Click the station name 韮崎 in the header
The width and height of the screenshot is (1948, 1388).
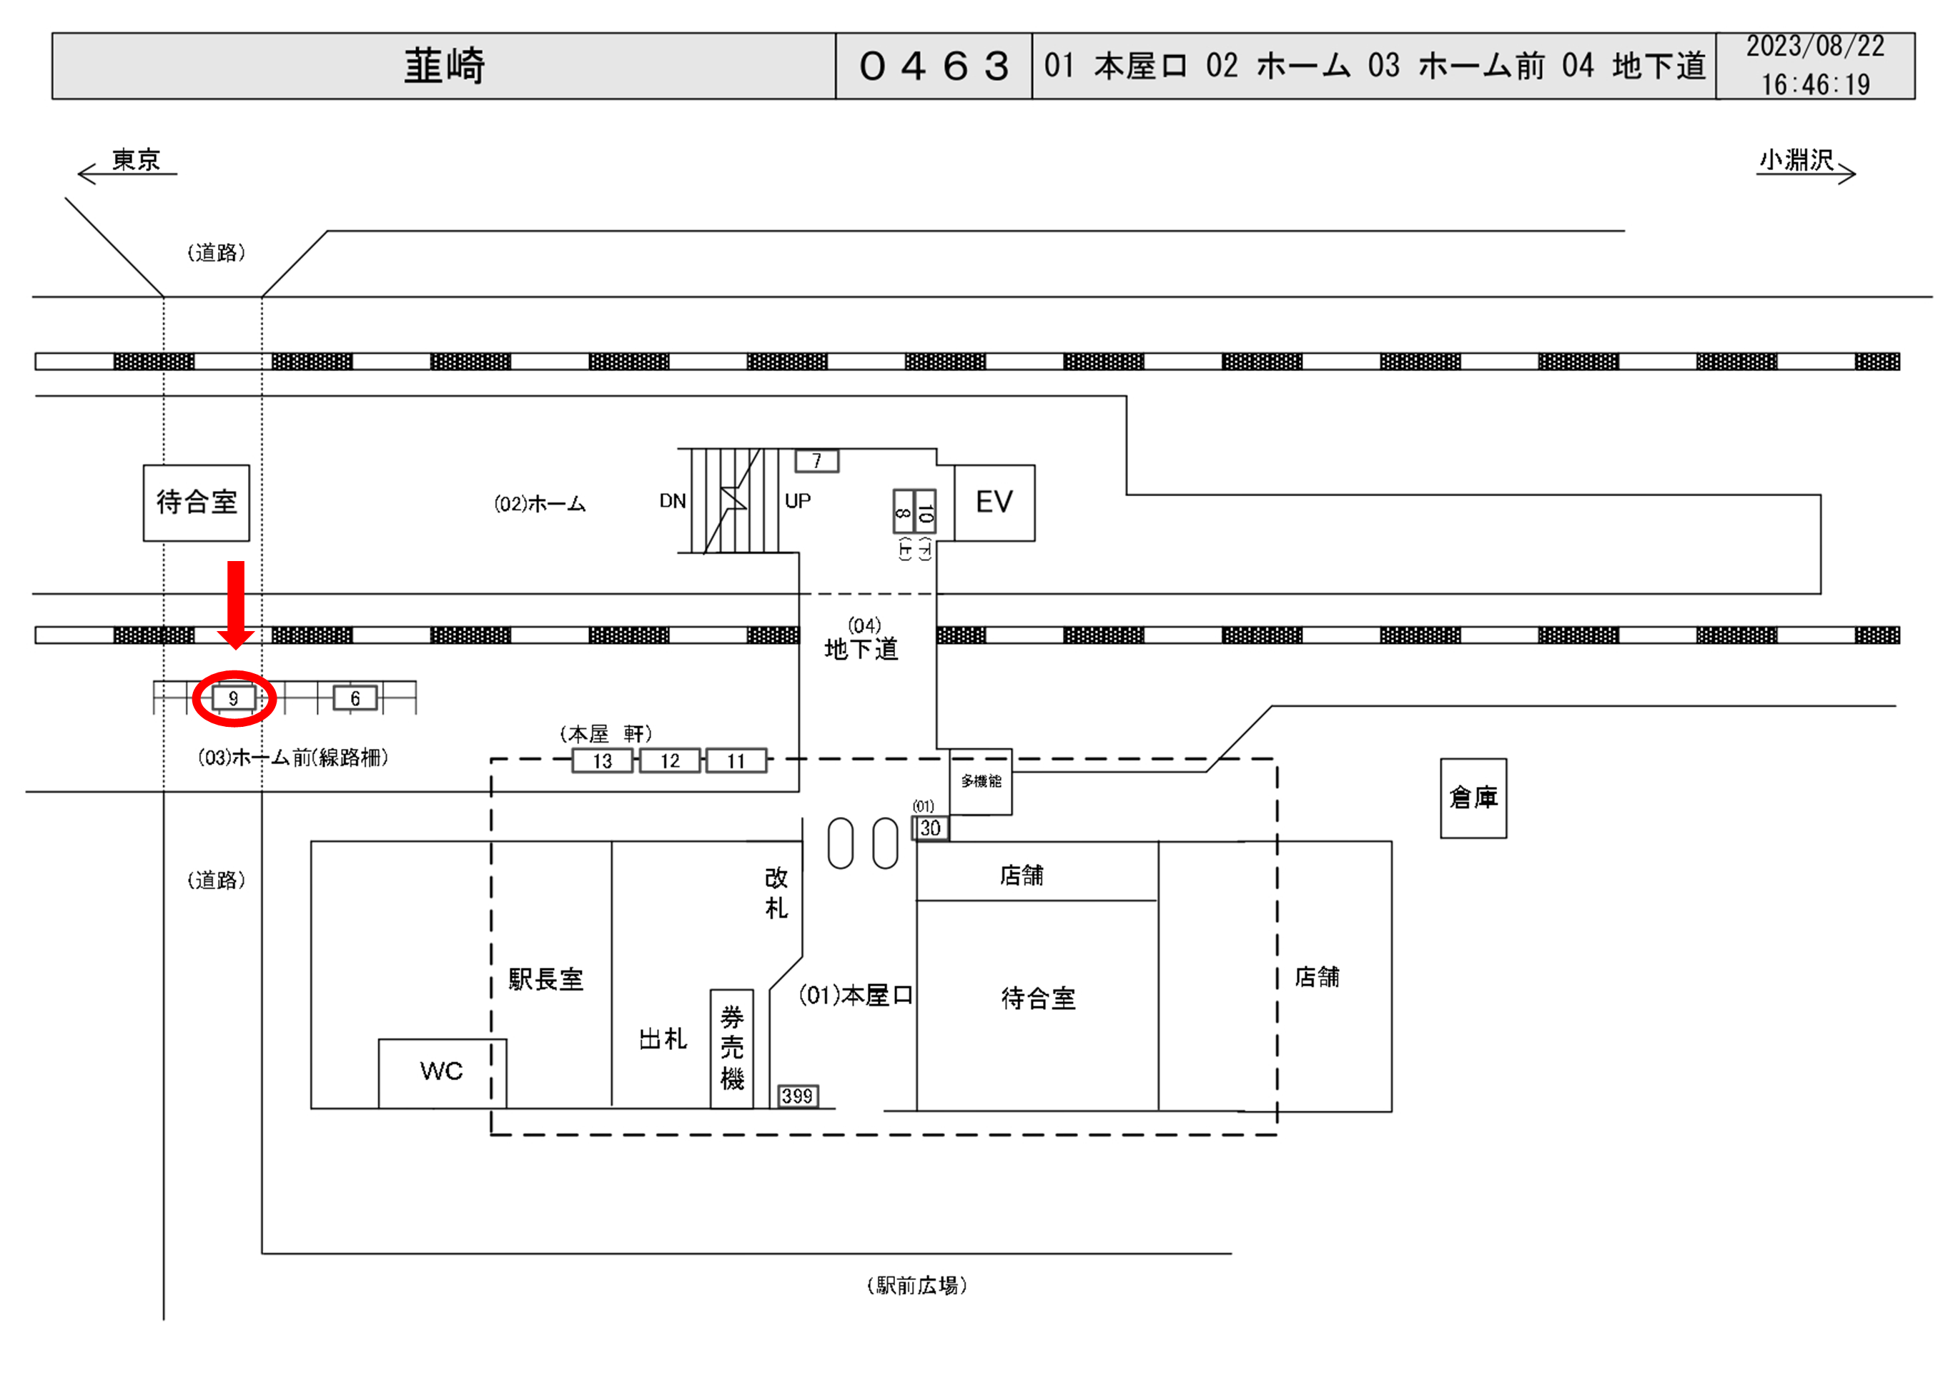click(444, 66)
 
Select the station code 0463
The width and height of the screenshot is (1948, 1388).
click(934, 66)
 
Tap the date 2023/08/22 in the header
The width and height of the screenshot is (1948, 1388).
click(1814, 46)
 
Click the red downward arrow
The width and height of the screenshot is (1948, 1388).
click(236, 603)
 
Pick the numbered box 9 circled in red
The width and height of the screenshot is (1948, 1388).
click(233, 698)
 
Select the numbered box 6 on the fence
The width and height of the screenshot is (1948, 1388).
click(355, 698)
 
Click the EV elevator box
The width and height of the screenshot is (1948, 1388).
click(994, 502)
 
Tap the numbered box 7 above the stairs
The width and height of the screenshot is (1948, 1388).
click(816, 461)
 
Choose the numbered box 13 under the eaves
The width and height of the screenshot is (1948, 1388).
click(603, 760)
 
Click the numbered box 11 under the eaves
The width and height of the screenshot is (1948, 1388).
click(736, 760)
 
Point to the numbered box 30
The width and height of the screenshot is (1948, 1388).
click(930, 828)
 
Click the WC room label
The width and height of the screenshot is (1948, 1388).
click(441, 1071)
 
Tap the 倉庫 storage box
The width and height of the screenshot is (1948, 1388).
click(1473, 798)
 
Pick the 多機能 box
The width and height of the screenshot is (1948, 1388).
click(980, 781)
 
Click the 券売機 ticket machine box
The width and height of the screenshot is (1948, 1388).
click(732, 1048)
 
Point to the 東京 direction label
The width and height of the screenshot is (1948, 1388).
click(136, 160)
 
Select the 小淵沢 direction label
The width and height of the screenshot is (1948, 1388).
click(1796, 160)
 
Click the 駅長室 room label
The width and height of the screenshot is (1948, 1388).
click(546, 978)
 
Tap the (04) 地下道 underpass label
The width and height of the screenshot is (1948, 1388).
click(861, 641)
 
